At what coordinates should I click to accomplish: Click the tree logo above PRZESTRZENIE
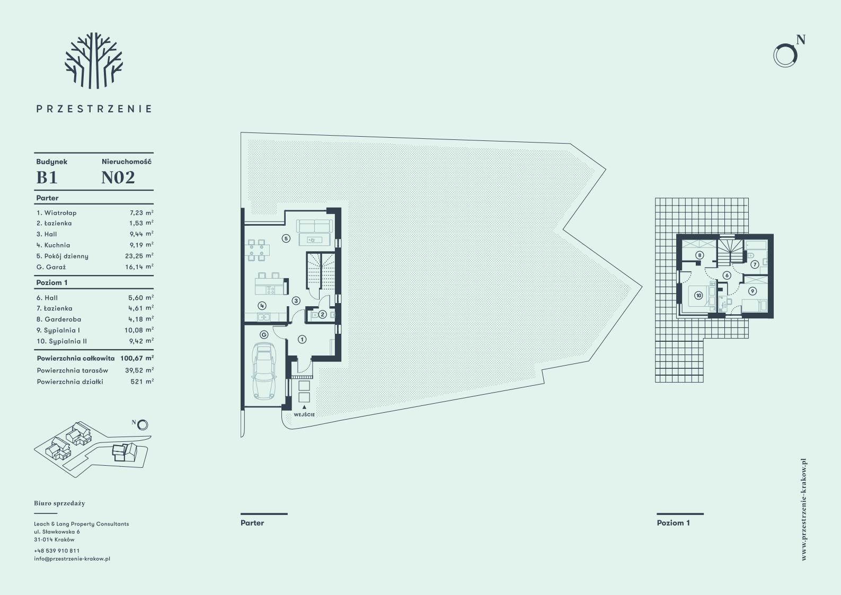[94, 60]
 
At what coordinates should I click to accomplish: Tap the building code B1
[47, 177]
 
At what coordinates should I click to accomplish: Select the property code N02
[118, 177]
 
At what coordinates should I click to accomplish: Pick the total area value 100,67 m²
[137, 358]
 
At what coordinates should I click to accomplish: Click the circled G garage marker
[264, 335]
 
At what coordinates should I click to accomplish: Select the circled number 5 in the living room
[286, 238]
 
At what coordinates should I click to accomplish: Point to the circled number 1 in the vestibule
[302, 339]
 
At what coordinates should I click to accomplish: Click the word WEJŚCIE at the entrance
[304, 415]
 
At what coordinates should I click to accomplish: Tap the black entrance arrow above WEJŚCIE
[304, 407]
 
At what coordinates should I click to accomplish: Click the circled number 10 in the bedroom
[698, 296]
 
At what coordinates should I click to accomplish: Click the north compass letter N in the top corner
[800, 40]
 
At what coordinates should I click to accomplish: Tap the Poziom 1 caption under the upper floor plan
[673, 523]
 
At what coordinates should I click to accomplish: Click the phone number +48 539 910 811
[57, 550]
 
